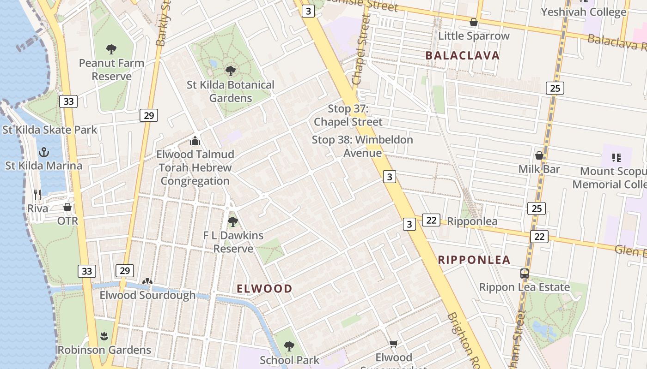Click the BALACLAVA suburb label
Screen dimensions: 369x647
(463, 56)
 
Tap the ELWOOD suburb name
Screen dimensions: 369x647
(264, 289)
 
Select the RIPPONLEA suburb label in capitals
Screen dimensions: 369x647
(474, 260)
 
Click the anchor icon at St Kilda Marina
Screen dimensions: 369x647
(44, 152)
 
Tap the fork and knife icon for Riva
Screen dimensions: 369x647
(37, 195)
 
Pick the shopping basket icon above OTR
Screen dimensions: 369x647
(67, 207)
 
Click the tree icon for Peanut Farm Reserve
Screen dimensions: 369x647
(111, 49)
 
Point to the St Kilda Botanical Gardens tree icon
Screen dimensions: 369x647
(230, 71)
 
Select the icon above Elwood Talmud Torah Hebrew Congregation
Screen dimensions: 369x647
(195, 140)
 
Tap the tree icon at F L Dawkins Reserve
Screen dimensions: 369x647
(233, 222)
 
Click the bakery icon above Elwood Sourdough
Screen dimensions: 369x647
(147, 281)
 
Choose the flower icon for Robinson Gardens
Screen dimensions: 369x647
(104, 336)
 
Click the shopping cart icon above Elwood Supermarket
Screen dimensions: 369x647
(393, 344)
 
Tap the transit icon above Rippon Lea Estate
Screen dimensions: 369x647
(524, 273)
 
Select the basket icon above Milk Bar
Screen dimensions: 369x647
(539, 155)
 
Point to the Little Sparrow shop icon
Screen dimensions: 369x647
(473, 22)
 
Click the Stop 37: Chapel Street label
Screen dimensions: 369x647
(348, 115)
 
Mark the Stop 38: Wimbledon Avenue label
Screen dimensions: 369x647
(362, 146)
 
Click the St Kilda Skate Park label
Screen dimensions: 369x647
(50, 130)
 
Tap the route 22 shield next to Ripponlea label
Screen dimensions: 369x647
(431, 220)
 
